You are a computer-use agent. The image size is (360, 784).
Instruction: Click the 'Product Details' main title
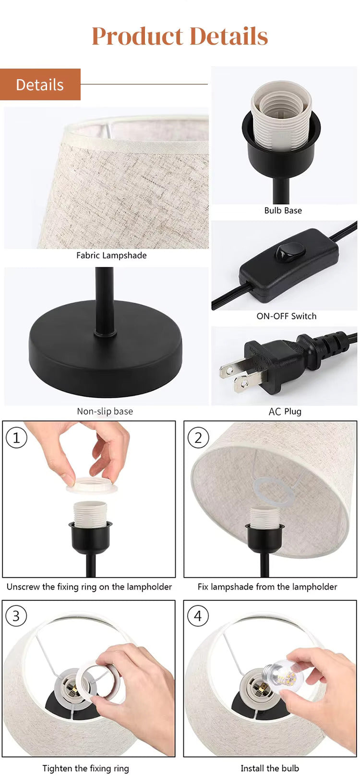pyautogui.click(x=180, y=36)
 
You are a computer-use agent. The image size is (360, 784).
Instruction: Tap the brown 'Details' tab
pyautogui.click(x=40, y=85)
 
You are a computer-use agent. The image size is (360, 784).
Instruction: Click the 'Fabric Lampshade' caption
pyautogui.click(x=111, y=255)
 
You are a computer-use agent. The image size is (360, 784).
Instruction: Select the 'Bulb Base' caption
pyautogui.click(x=283, y=210)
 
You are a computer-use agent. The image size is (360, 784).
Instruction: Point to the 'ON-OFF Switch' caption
pyautogui.click(x=286, y=316)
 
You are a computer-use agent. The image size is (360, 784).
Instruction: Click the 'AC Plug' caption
pyautogui.click(x=285, y=411)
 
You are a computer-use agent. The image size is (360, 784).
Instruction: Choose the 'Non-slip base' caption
pyautogui.click(x=105, y=411)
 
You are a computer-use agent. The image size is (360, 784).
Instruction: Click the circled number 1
pyautogui.click(x=16, y=438)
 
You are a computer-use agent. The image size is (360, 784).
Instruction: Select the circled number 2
pyautogui.click(x=198, y=438)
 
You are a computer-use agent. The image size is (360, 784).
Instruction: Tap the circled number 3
pyautogui.click(x=16, y=616)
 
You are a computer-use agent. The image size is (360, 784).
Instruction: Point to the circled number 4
pyautogui.click(x=198, y=616)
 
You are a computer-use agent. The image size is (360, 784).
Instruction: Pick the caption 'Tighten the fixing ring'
pyautogui.click(x=85, y=768)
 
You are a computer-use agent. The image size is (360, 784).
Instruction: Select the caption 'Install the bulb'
pyautogui.click(x=269, y=768)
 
